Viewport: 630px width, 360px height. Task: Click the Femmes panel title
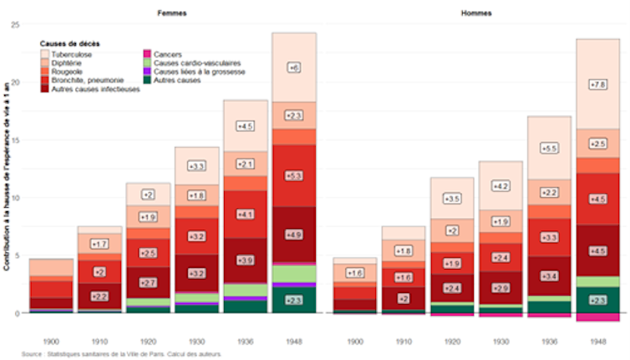point(174,14)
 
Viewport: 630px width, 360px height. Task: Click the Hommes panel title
point(476,14)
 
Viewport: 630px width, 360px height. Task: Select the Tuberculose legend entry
point(70,54)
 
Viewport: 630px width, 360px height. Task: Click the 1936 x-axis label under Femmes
point(245,342)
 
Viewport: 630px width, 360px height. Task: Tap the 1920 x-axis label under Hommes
point(451,342)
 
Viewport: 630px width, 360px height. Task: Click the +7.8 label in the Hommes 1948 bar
point(598,84)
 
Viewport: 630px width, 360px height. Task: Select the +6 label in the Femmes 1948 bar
point(293,68)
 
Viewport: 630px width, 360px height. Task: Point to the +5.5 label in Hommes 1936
point(549,148)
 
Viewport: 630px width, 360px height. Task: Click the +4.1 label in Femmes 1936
point(245,215)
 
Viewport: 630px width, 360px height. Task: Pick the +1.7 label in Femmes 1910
point(99,244)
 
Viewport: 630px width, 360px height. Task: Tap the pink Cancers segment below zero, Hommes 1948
point(598,317)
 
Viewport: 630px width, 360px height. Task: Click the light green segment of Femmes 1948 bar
point(293,274)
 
